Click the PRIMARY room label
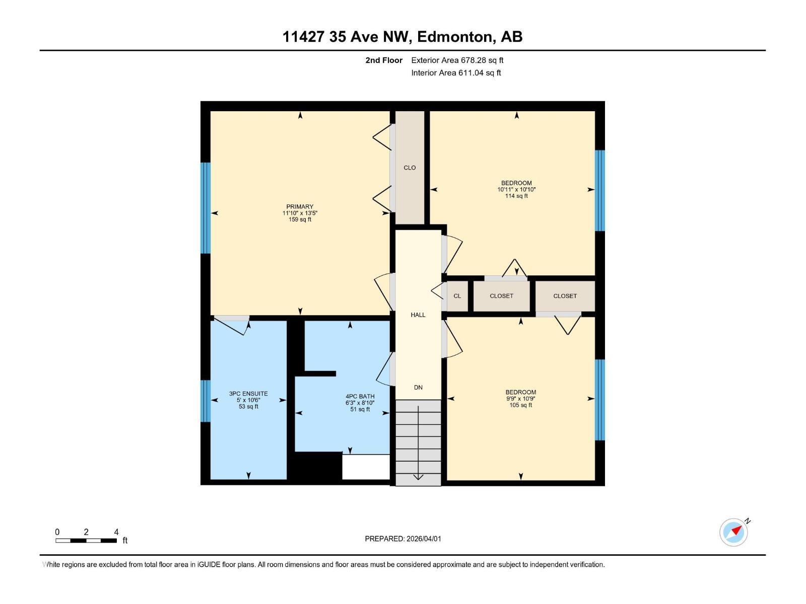tap(300, 206)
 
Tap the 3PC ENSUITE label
tap(248, 394)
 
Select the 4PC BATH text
tap(360, 396)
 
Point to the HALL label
tap(418, 315)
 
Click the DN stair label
tap(418, 387)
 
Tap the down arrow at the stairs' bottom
tap(418, 476)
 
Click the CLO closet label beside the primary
tap(410, 168)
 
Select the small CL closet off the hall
tap(457, 296)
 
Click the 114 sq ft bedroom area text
tap(516, 196)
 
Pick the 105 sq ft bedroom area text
tap(520, 405)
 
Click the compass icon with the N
tap(733, 533)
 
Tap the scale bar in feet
tap(86, 541)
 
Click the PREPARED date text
tap(403, 539)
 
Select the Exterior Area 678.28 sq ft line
tap(457, 60)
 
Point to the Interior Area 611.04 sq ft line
tap(456, 72)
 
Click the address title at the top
tap(402, 37)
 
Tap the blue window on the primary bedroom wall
tap(205, 208)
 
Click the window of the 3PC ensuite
tap(205, 401)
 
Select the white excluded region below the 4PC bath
tap(366, 467)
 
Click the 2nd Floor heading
tap(384, 60)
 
